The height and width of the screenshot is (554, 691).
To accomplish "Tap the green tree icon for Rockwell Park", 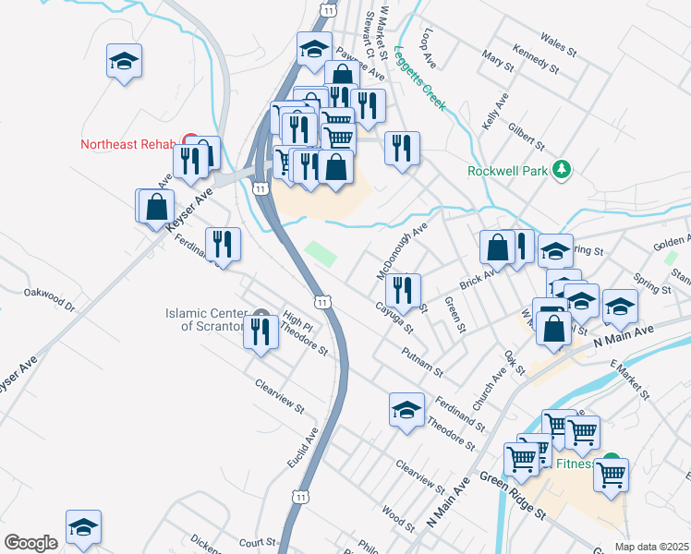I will tap(561, 169).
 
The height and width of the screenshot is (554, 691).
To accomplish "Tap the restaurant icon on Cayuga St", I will tap(404, 291).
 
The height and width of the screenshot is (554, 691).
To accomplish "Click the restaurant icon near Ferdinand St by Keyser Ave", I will tap(224, 245).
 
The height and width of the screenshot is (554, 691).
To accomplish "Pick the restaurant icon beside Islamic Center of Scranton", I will tap(261, 331).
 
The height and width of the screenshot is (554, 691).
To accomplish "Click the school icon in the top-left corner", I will tap(124, 61).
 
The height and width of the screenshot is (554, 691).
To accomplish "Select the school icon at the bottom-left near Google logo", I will tap(83, 527).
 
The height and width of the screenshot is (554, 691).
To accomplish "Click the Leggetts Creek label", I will tap(420, 78).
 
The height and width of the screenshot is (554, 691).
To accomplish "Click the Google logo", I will tap(30, 543).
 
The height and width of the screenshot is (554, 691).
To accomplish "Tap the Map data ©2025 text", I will tap(651, 547).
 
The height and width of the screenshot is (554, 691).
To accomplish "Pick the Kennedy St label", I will tap(536, 60).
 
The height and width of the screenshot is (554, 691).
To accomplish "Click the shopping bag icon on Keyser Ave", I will tap(155, 206).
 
